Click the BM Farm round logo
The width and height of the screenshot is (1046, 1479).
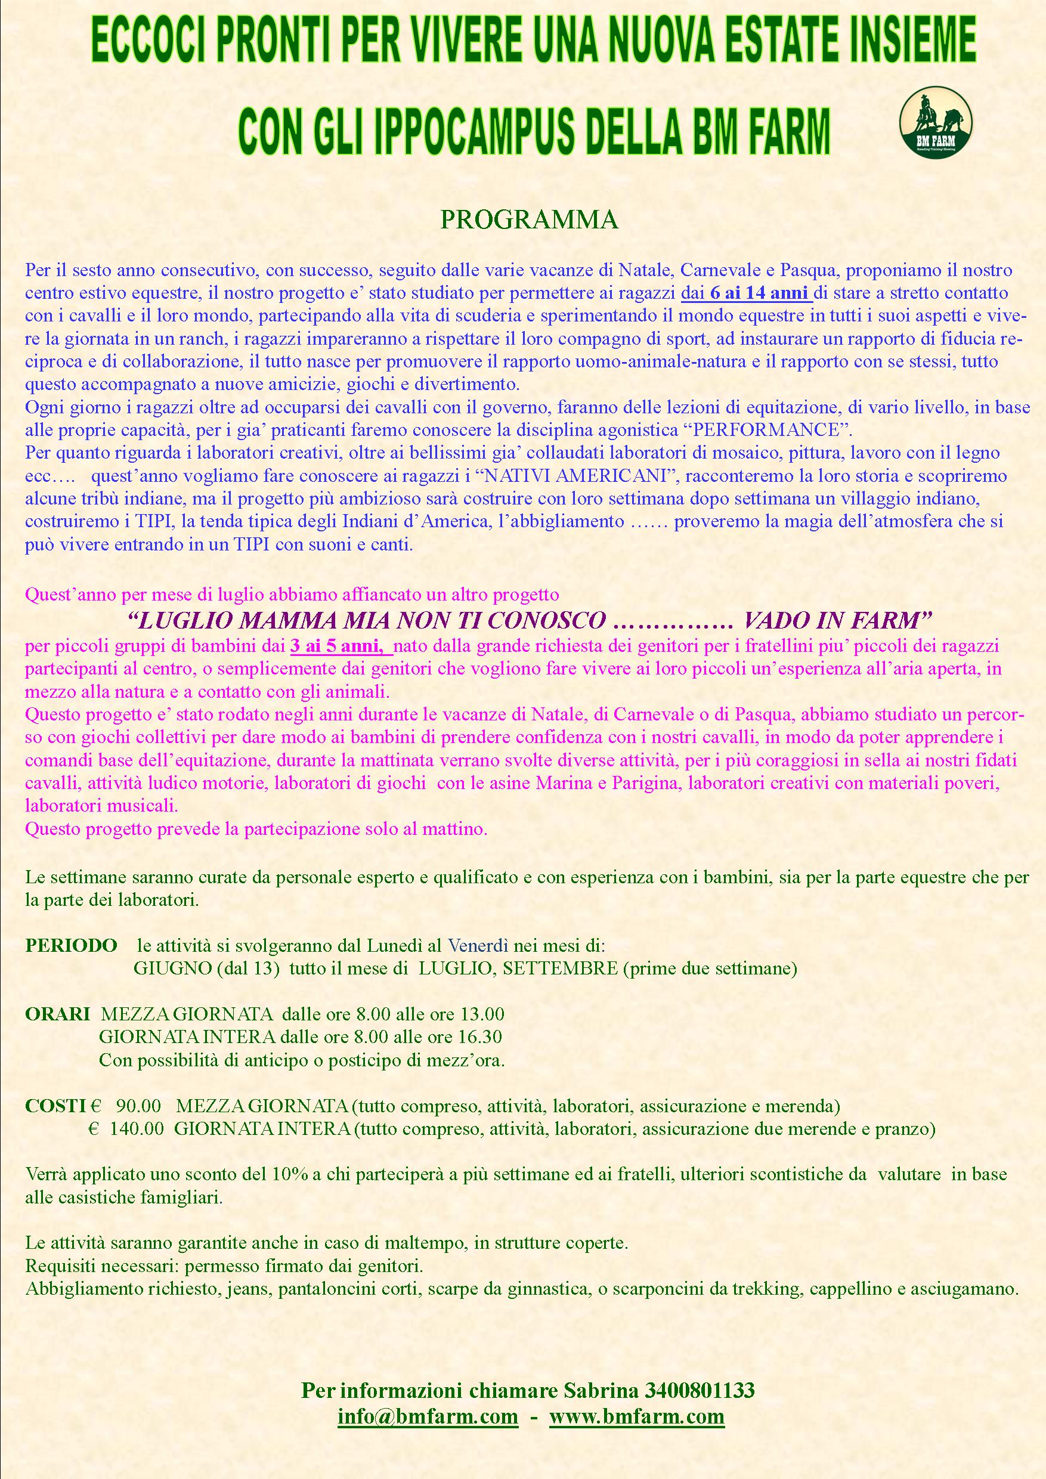(935, 121)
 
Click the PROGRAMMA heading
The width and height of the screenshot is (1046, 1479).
(528, 220)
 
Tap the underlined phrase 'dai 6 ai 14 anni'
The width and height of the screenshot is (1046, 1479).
(747, 293)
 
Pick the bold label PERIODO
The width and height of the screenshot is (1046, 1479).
(71, 946)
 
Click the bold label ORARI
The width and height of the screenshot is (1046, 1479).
(57, 1014)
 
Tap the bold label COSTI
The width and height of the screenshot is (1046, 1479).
(55, 1106)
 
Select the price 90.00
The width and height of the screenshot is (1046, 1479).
(138, 1106)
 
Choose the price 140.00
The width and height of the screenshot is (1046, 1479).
(137, 1128)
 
